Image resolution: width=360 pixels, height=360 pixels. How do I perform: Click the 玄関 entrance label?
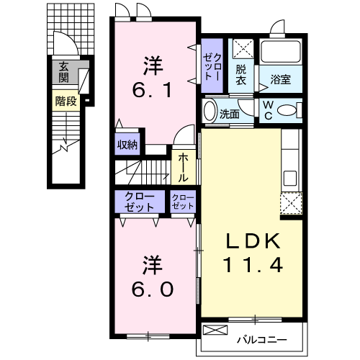(63, 72)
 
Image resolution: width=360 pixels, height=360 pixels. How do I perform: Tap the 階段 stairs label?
(66, 101)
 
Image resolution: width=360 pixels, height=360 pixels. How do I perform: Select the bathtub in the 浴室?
(281, 52)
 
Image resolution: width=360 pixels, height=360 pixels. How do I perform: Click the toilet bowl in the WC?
(287, 110)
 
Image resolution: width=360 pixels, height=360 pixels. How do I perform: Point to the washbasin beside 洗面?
(210, 111)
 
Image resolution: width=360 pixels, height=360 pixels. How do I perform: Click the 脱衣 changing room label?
(240, 75)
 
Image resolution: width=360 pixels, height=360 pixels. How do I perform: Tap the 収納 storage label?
(127, 145)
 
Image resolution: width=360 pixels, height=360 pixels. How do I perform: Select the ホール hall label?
(183, 168)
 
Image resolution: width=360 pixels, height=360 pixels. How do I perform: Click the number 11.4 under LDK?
(253, 264)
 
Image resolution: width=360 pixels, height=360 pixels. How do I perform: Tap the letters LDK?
(253, 240)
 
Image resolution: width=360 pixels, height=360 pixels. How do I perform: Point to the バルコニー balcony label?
(262, 340)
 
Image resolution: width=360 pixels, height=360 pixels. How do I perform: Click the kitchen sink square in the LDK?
(290, 178)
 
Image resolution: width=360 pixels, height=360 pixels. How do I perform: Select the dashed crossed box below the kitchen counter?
(291, 203)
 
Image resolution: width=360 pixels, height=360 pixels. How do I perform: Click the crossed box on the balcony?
(215, 330)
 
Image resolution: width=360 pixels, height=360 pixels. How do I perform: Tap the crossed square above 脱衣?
(243, 49)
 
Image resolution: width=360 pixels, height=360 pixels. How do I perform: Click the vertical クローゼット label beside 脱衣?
(212, 66)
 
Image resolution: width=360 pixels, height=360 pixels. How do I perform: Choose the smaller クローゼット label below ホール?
(183, 202)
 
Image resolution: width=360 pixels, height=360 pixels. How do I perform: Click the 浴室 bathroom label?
(281, 79)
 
